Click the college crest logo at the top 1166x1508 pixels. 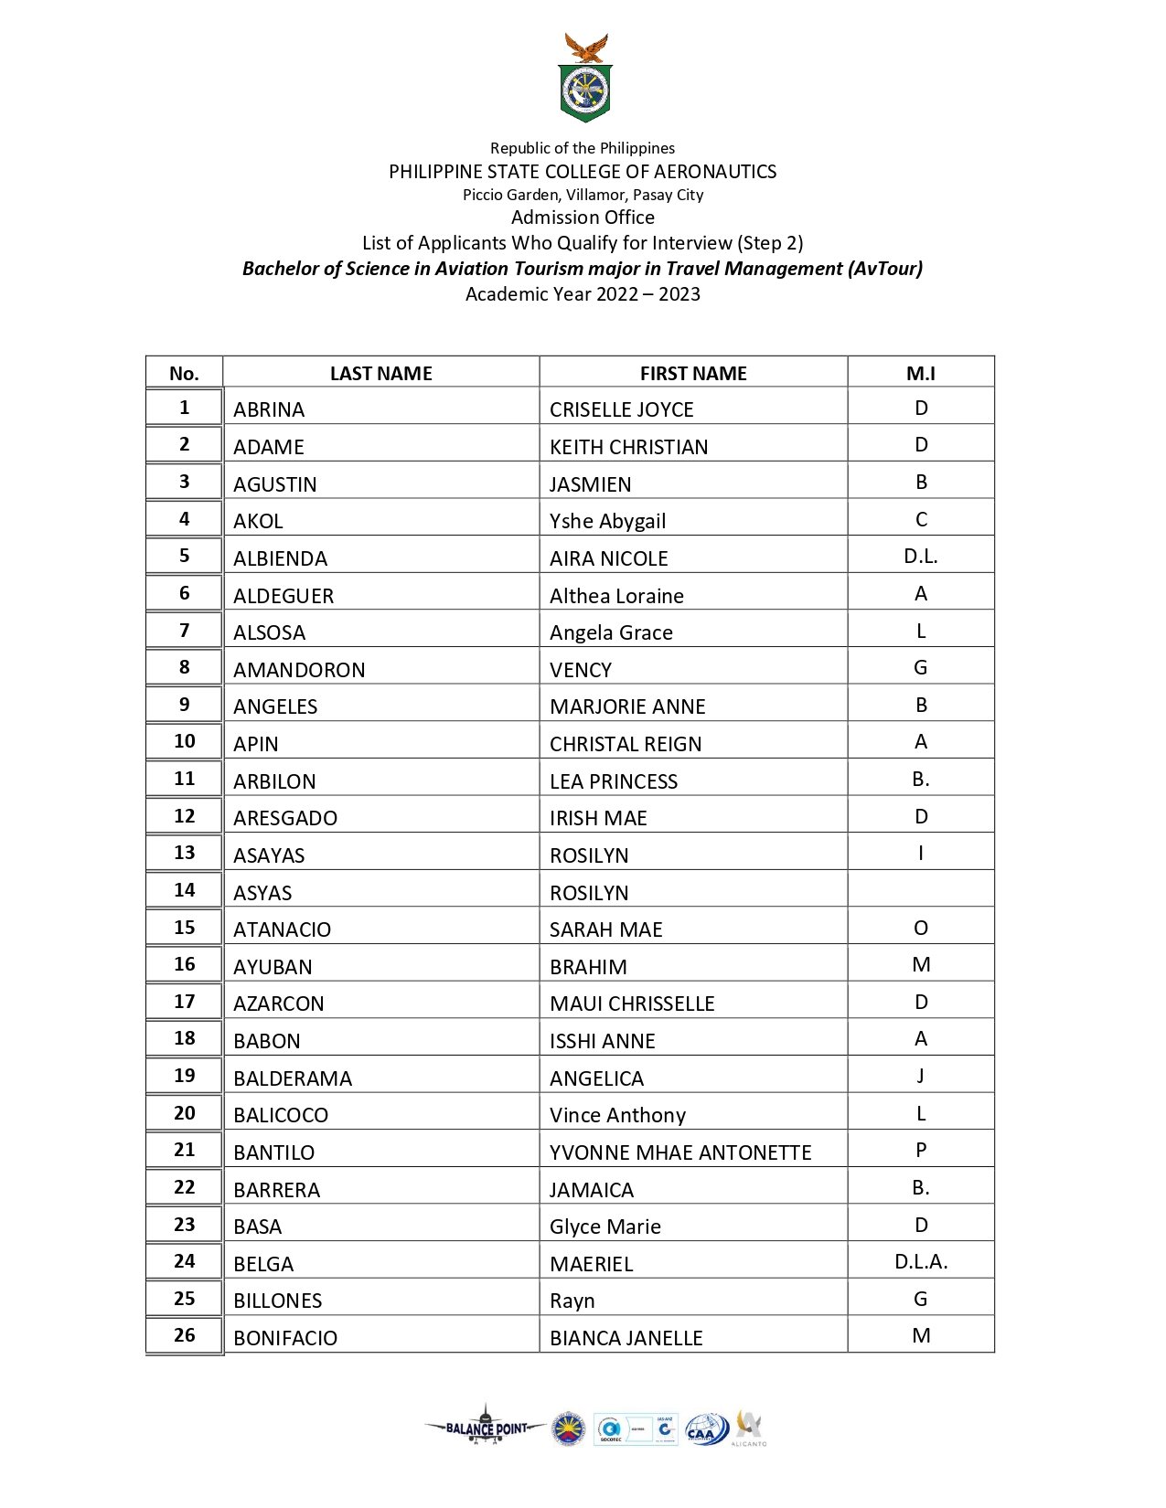(585, 80)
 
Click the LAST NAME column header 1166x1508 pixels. (380, 373)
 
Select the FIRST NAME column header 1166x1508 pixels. (693, 373)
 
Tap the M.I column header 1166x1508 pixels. (920, 373)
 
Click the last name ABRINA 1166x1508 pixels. (269, 409)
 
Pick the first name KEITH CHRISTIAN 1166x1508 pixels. (628, 447)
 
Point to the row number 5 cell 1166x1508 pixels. (184, 555)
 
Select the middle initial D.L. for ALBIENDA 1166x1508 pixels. (920, 556)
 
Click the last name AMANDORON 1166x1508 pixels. (299, 670)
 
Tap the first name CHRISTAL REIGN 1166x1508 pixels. (626, 744)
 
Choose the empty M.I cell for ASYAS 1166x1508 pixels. (920, 889)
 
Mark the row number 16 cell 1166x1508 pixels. (184, 964)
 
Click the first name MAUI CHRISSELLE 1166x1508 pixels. (632, 1004)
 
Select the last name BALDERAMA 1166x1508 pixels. (293, 1078)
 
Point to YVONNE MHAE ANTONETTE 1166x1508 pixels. (680, 1152)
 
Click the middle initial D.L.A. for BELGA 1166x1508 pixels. (920, 1262)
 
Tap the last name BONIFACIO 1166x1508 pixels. (285, 1338)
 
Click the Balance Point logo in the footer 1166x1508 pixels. (486, 1428)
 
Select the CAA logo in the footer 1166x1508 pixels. (704, 1429)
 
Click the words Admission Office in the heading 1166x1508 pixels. (583, 218)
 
